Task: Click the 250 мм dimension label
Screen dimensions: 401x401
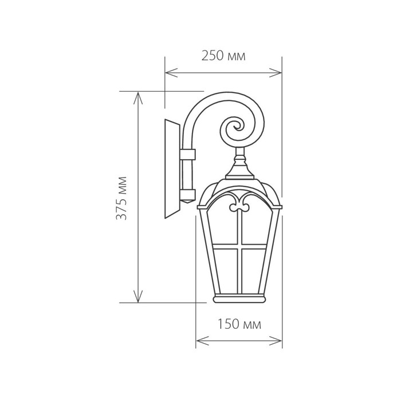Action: pos(223,56)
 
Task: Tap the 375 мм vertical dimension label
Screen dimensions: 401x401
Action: pos(121,198)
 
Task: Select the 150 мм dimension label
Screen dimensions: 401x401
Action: pos(239,324)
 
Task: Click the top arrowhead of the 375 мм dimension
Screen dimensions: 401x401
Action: pos(138,99)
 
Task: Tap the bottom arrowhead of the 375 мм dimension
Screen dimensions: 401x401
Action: pos(138,296)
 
